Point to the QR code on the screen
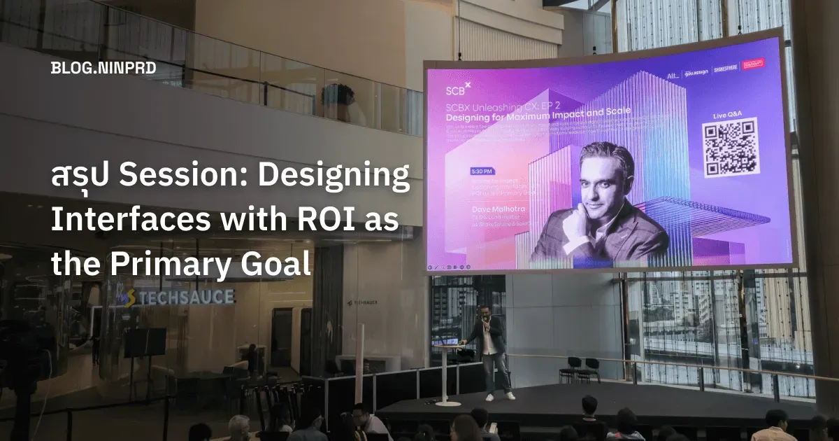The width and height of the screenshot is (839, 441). coord(730,147)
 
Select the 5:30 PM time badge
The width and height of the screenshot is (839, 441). coord(461,171)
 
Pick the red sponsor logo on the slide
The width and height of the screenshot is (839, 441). coord(753,63)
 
